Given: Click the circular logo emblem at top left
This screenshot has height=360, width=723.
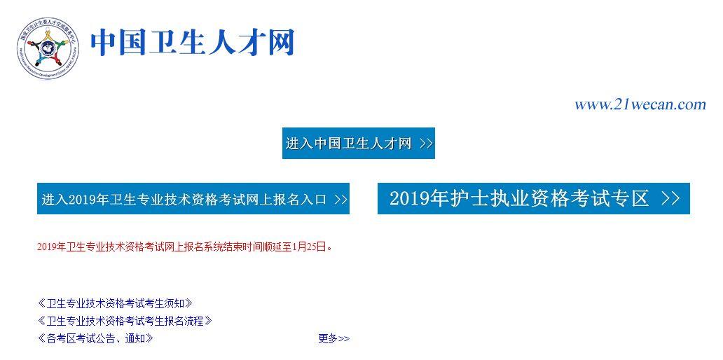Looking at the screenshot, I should click(x=48, y=48).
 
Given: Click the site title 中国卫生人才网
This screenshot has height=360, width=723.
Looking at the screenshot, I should click(x=193, y=43).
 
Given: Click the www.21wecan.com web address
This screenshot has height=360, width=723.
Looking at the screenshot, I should click(x=640, y=105).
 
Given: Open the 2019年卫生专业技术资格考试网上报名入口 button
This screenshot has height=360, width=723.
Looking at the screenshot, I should click(x=193, y=199).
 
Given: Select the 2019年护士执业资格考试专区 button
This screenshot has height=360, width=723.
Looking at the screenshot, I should click(x=534, y=199).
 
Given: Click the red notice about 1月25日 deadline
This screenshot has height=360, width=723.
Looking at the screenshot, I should click(x=184, y=247).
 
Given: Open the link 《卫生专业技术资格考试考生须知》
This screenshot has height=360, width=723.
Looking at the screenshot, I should click(x=115, y=303).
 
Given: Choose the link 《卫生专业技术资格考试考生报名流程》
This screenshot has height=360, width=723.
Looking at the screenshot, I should click(x=125, y=321).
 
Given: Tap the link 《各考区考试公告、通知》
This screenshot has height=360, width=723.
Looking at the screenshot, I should click(x=95, y=338).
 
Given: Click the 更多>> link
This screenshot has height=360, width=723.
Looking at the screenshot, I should click(x=333, y=339).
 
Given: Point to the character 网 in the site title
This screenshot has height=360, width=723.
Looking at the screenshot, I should click(x=280, y=43).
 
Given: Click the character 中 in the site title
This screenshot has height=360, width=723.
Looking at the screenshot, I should click(x=104, y=43).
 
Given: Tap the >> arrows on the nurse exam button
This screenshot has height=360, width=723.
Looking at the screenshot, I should click(x=670, y=199).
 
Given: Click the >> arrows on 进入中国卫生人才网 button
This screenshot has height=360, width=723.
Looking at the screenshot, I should click(x=426, y=144).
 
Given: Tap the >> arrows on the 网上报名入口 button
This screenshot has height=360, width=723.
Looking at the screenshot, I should click(x=340, y=200).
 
